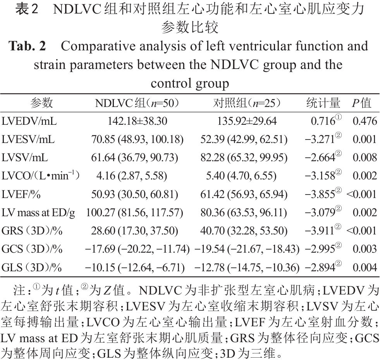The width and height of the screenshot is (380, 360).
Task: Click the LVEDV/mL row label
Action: pyautogui.click(x=29, y=121)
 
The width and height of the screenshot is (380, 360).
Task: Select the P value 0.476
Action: pyautogui.click(x=365, y=121)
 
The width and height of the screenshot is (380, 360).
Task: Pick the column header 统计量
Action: pyautogui.click(x=323, y=103)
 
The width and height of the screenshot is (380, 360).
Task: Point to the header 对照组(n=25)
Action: pyautogui.click(x=247, y=103)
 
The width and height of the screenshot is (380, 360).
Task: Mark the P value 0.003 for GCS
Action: pyautogui.click(x=365, y=249)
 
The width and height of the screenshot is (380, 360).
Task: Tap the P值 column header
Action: pyautogui.click(x=361, y=103)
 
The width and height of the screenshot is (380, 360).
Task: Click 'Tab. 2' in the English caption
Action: pyautogui.click(x=28, y=46)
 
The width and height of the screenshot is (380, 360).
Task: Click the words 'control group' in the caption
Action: pyautogui.click(x=190, y=83)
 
